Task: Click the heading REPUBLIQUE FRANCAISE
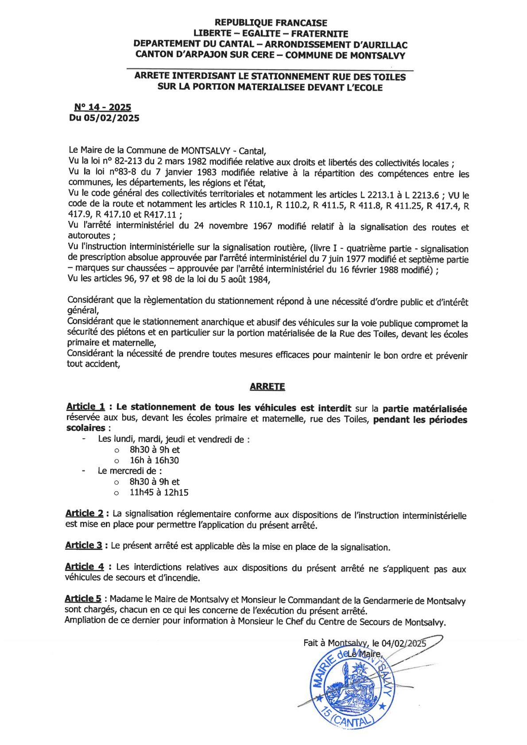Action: (x=271, y=23)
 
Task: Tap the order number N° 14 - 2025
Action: (x=103, y=107)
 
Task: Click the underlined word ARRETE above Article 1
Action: (x=267, y=386)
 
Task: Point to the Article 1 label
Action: (x=85, y=407)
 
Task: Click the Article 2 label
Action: (x=85, y=513)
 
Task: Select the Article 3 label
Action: (x=84, y=545)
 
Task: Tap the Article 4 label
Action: (x=85, y=567)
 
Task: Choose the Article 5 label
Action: (x=83, y=599)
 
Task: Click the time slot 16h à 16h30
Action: (x=154, y=460)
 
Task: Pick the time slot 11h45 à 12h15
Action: (x=159, y=492)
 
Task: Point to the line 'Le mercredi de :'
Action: (x=130, y=471)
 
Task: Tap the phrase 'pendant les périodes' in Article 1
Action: (x=420, y=420)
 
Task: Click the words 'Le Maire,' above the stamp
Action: (x=364, y=654)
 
